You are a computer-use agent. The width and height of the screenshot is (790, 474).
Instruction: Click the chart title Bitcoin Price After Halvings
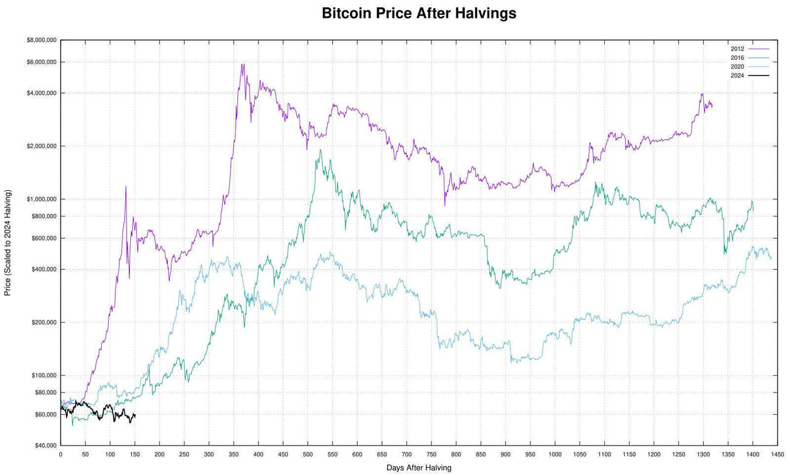418,14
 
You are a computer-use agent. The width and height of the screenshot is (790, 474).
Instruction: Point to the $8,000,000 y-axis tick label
41,40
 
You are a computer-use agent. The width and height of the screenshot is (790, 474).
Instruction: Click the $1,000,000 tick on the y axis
41,199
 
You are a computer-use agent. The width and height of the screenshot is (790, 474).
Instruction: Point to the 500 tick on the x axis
307,455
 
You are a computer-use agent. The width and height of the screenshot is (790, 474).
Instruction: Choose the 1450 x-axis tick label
778,455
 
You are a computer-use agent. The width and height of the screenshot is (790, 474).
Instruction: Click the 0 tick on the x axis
60,455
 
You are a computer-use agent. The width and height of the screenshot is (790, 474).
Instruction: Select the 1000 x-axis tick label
555,455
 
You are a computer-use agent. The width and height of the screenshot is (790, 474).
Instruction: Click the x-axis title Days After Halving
418,468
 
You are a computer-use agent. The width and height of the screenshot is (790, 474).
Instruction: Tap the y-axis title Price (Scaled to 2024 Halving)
8,243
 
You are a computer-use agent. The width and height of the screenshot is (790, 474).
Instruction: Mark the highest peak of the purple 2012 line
243,64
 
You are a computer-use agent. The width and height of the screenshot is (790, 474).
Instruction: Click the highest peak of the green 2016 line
320,149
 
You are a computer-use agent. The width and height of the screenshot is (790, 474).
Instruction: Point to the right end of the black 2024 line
135,415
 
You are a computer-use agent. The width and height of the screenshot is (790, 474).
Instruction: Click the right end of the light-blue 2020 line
771,258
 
